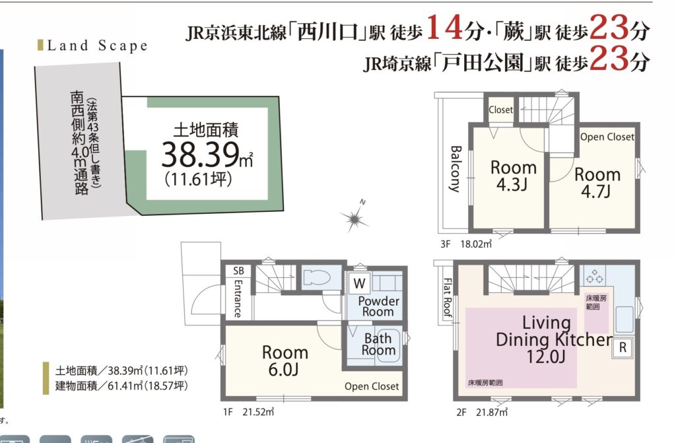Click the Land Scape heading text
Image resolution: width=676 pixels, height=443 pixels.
click(x=97, y=46)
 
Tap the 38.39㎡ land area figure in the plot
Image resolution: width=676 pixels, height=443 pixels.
click(x=207, y=154)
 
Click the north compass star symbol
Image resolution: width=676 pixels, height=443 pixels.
click(x=355, y=217)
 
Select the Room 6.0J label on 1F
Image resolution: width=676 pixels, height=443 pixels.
click(x=285, y=360)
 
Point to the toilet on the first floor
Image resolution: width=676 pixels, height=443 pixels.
click(x=316, y=277)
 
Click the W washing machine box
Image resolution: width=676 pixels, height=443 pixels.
click(x=360, y=283)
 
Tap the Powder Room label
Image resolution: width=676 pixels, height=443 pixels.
click(x=378, y=306)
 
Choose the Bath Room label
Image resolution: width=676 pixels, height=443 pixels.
click(x=378, y=344)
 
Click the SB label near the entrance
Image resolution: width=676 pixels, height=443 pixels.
click(x=238, y=271)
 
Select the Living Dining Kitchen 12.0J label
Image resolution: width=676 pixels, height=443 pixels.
click(x=554, y=339)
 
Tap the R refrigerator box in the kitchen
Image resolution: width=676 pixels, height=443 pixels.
click(x=623, y=347)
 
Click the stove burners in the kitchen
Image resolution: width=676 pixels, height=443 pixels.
click(x=595, y=276)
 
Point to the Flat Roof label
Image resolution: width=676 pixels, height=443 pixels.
click(x=448, y=298)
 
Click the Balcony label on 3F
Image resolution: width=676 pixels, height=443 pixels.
click(x=456, y=168)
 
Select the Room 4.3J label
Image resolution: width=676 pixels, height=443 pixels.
click(x=513, y=176)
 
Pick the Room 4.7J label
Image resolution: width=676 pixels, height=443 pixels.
click(x=597, y=182)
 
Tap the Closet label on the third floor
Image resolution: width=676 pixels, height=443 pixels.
click(x=500, y=110)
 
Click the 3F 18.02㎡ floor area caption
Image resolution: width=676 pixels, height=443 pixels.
click(x=466, y=244)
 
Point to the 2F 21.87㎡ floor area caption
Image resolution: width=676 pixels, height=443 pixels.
click(x=482, y=413)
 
